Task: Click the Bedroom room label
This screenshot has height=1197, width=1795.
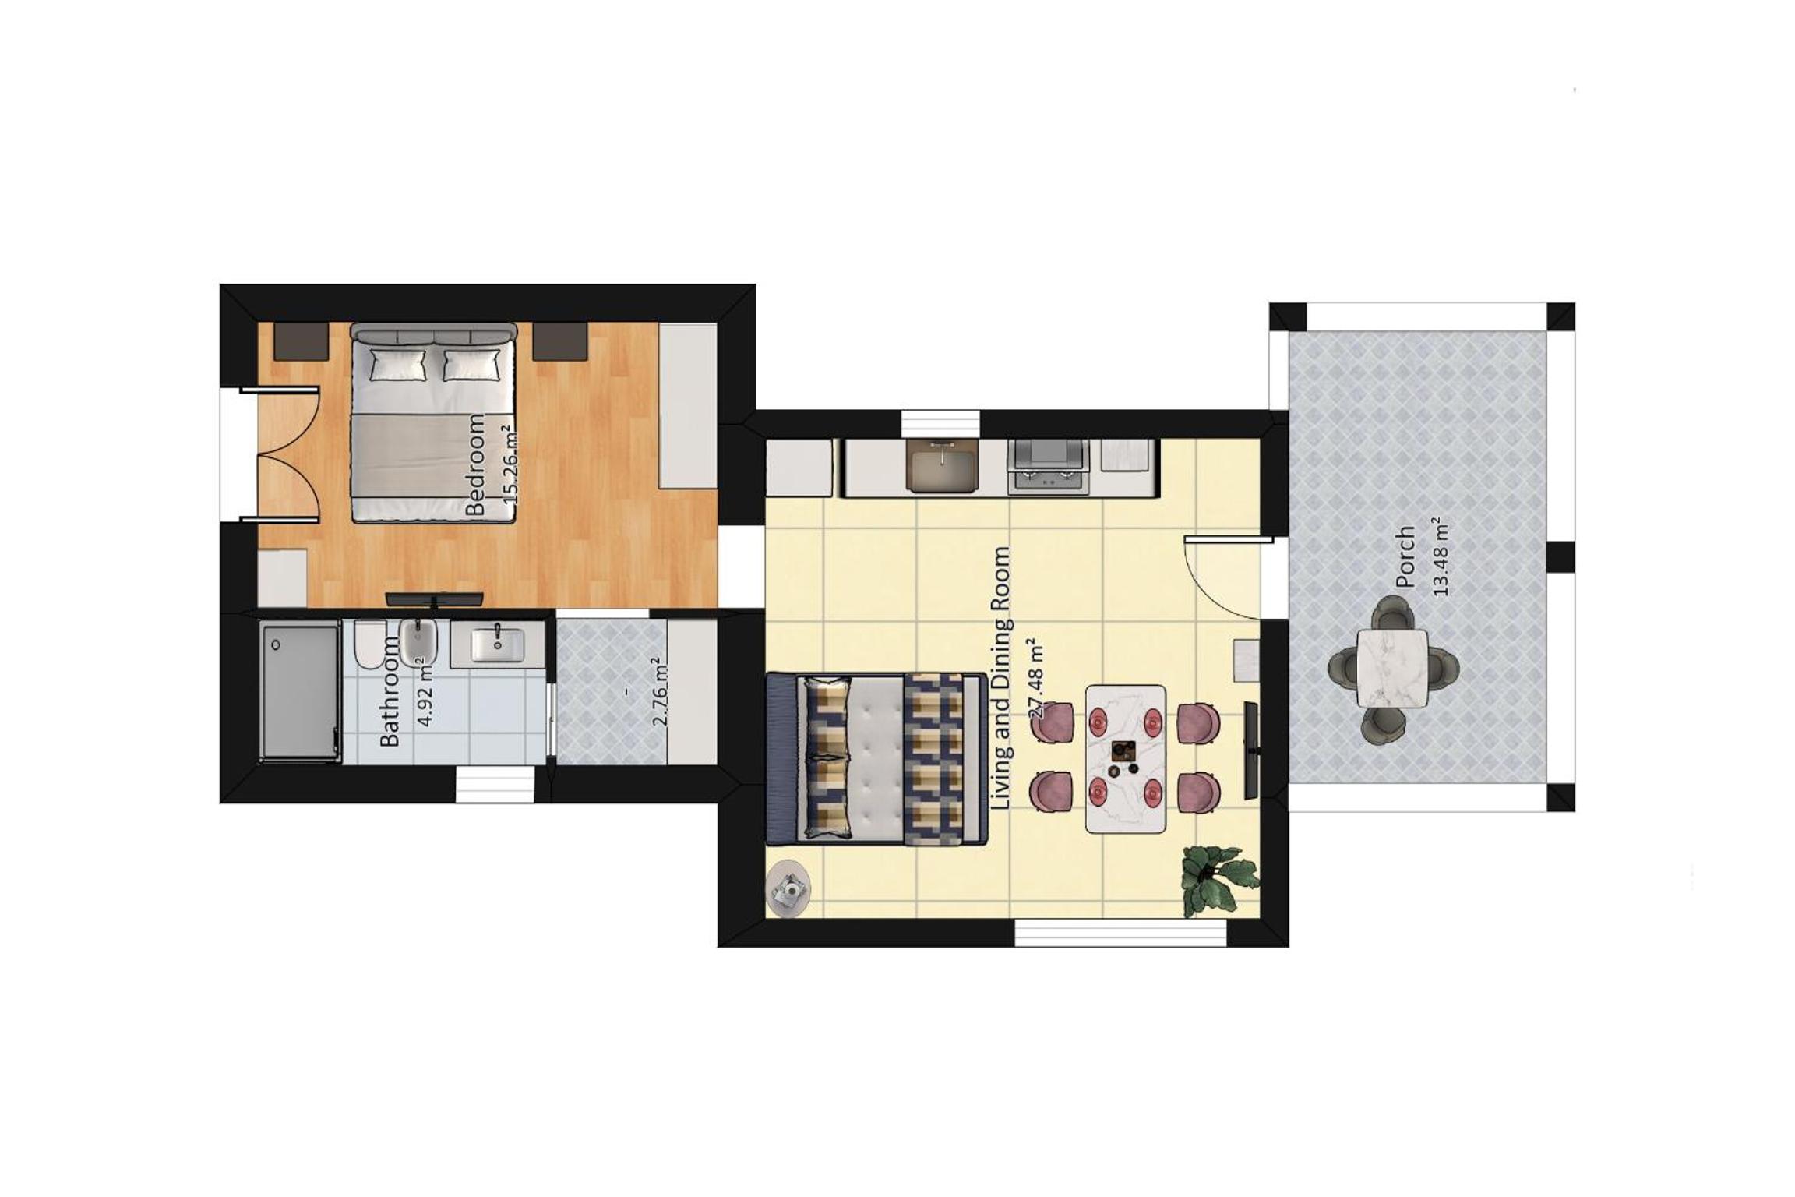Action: click(475, 464)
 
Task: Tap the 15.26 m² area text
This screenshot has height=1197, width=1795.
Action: click(511, 464)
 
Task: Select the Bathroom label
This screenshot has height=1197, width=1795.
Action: click(390, 691)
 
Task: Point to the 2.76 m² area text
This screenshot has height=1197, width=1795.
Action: click(660, 690)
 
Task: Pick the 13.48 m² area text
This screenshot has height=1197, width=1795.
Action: click(1441, 556)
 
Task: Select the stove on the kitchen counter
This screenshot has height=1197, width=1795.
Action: click(1048, 466)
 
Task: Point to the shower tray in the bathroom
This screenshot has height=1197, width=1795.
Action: click(300, 690)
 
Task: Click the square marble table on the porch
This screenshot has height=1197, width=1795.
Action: click(1393, 668)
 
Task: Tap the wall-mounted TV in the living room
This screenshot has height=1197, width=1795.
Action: click(1250, 750)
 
